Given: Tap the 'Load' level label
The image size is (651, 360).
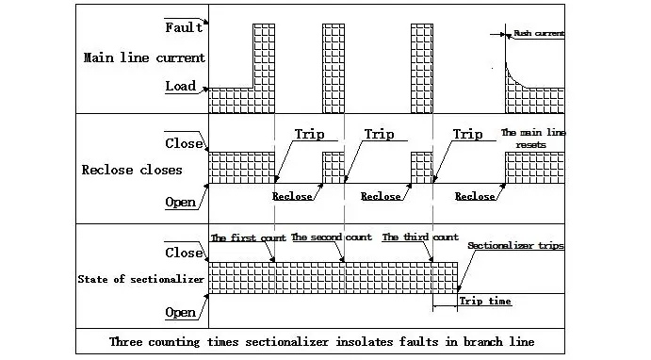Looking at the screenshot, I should (x=180, y=86).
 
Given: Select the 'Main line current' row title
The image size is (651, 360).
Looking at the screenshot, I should (x=143, y=57).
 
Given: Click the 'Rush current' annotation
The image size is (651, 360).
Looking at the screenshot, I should (x=538, y=34).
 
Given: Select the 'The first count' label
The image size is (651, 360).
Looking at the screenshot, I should (x=247, y=237).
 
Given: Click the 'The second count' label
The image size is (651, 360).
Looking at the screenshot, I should (x=331, y=237).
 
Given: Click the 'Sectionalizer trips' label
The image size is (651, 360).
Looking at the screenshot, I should (x=515, y=245).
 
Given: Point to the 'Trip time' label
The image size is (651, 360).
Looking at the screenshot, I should (x=485, y=302).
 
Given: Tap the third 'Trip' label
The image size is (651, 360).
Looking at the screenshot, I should (x=467, y=135).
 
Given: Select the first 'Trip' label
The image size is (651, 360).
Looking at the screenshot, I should (x=309, y=135).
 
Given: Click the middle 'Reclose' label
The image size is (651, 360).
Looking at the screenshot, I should (x=381, y=196).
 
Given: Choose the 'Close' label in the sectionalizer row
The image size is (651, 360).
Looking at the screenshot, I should (x=183, y=253).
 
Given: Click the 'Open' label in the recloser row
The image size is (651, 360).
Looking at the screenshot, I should (x=180, y=202).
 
